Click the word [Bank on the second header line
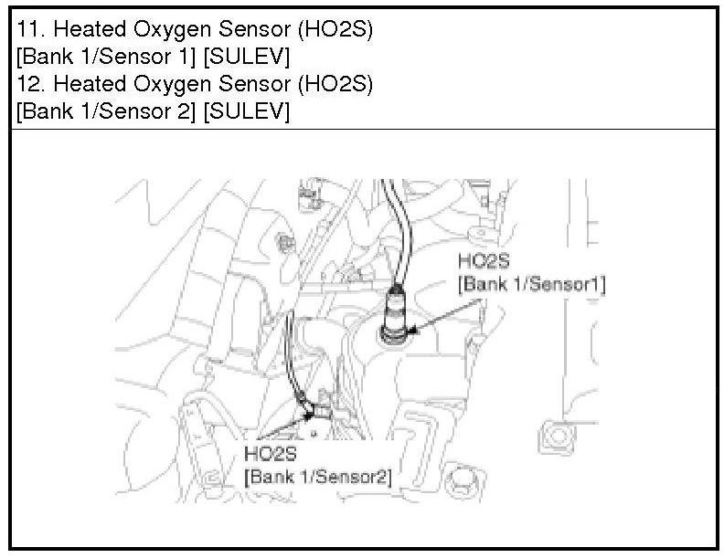pos(45,57)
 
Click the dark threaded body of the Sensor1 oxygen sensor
pos(397,315)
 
